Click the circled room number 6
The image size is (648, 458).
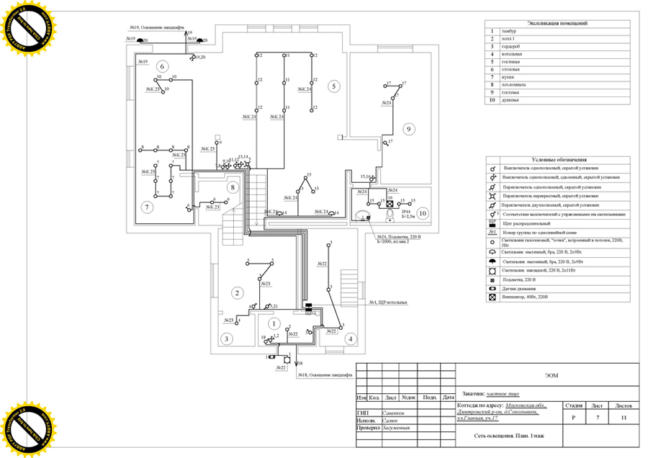(163, 66)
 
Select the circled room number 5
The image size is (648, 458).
(333, 86)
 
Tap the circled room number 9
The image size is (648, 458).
(408, 130)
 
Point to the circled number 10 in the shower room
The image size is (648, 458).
(423, 212)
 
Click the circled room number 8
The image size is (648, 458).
(232, 188)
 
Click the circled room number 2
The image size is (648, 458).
(235, 292)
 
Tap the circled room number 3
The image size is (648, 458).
(226, 338)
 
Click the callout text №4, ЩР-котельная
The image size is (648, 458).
(388, 302)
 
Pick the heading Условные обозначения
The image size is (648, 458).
(559, 160)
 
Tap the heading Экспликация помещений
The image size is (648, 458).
(559, 24)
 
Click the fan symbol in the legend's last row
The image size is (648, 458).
(492, 297)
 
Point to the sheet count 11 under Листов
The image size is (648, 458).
(624, 418)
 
